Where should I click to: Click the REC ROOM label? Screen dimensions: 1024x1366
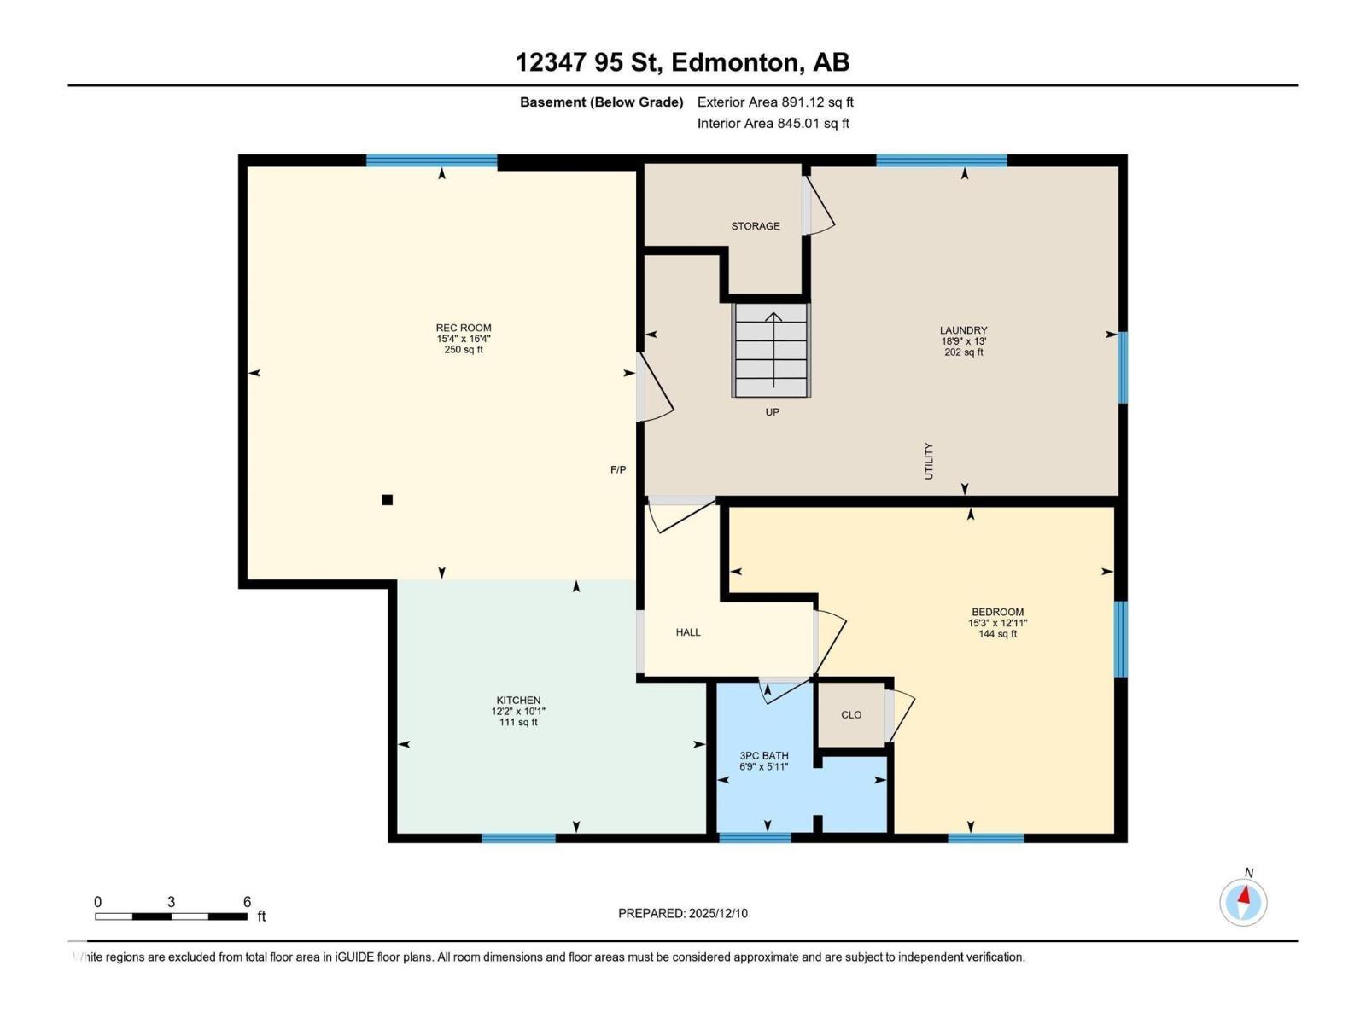click(x=464, y=328)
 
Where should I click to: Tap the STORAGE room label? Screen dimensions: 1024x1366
click(x=755, y=226)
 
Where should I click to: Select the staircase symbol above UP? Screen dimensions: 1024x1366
click(x=772, y=350)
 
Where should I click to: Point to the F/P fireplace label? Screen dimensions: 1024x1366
click(x=618, y=470)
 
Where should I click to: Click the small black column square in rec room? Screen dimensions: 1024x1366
click(x=387, y=500)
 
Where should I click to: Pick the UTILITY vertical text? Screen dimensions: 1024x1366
click(x=929, y=461)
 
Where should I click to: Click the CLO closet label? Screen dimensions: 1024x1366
click(x=851, y=715)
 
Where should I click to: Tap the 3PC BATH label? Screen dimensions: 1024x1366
click(x=764, y=756)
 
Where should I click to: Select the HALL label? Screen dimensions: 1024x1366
click(x=688, y=632)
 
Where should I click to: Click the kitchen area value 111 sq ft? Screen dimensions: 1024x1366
click(x=518, y=723)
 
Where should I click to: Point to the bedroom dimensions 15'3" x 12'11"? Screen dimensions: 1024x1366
click(x=997, y=623)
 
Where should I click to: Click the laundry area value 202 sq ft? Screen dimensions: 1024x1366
click(x=964, y=352)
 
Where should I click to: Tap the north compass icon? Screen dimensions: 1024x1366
click(x=1243, y=901)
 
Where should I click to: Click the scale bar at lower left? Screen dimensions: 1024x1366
click(x=171, y=916)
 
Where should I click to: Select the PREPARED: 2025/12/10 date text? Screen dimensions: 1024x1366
click(x=683, y=913)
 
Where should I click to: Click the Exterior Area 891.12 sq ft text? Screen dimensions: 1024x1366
click(x=775, y=102)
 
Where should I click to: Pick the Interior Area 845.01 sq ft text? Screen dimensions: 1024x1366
click(x=773, y=124)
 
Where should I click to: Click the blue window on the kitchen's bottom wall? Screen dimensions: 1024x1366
click(x=518, y=838)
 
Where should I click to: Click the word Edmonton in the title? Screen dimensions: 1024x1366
click(x=736, y=62)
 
